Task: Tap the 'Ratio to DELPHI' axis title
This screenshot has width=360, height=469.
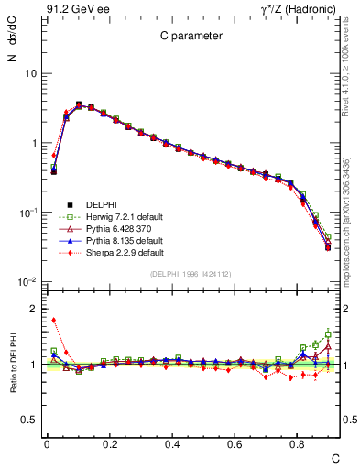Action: (13, 365)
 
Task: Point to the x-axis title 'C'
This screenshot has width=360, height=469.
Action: (335, 457)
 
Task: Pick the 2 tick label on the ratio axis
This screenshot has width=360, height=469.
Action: (32, 309)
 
